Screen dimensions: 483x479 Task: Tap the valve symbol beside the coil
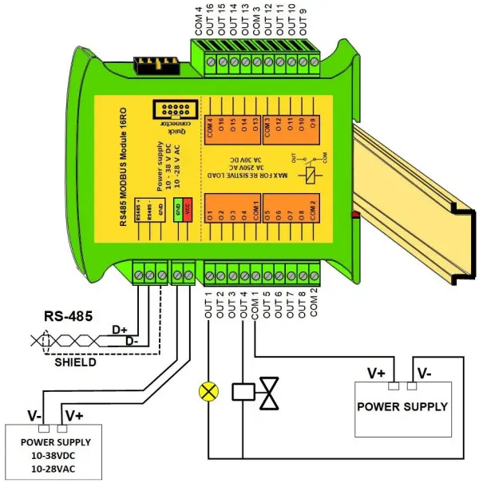pyautogui.click(x=271, y=391)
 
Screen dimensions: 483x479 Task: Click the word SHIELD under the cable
pyautogui.click(x=74, y=362)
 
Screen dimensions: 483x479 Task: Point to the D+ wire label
pyautogui.click(x=120, y=329)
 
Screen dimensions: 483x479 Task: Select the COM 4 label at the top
pyautogui.click(x=198, y=21)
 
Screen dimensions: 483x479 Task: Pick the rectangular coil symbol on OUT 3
pyautogui.click(x=243, y=391)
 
